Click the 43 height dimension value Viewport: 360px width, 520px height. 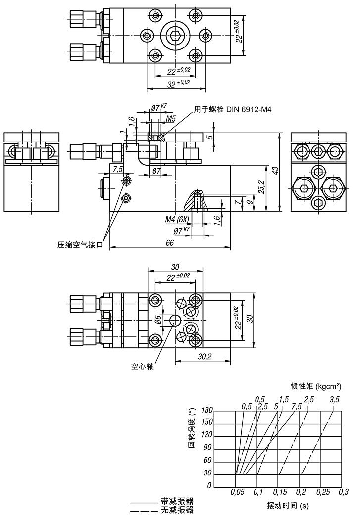point(276,170)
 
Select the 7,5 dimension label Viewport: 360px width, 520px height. point(118,169)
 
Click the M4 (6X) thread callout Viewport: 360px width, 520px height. point(177,218)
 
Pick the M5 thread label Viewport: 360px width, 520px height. point(171,119)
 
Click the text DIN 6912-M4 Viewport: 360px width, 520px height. point(251,110)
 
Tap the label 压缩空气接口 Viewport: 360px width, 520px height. point(80,244)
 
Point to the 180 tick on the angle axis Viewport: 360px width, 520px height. point(206,411)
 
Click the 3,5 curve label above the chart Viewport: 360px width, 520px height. point(335,400)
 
